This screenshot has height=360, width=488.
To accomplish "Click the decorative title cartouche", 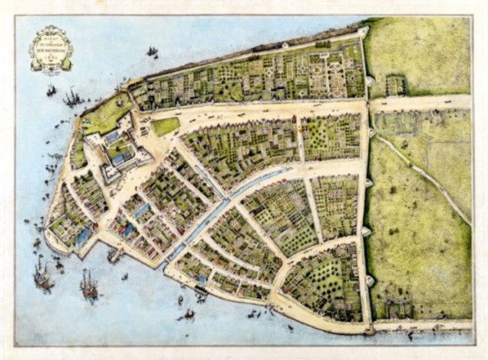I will (x=51, y=48).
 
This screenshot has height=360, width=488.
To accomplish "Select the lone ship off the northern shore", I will (x=152, y=52).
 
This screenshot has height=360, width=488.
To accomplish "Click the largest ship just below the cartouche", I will (x=73, y=97).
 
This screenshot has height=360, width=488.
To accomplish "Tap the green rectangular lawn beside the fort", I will (x=165, y=125).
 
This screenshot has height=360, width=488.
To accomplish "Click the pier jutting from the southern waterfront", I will (x=115, y=254).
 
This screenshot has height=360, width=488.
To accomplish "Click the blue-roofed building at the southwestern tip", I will (x=82, y=236).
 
